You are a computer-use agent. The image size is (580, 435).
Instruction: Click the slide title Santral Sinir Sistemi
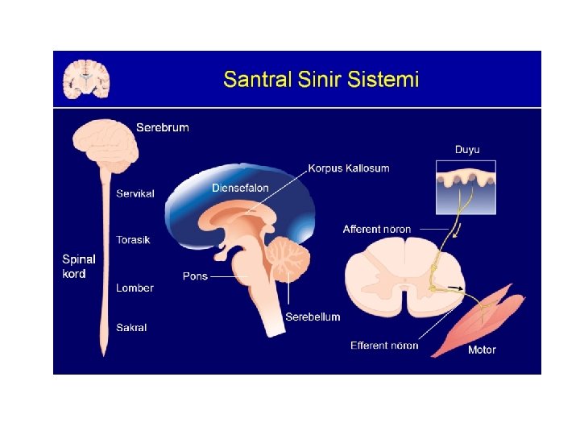tap(321, 80)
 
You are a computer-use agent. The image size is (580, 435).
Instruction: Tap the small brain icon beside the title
tap(87, 79)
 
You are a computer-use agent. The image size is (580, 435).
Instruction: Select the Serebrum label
tap(163, 127)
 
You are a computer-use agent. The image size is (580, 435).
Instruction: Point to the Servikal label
tap(135, 193)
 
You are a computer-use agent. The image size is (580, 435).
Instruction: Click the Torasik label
tap(133, 240)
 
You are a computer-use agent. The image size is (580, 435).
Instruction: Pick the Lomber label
tap(135, 288)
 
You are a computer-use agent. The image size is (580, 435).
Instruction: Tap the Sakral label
tap(131, 328)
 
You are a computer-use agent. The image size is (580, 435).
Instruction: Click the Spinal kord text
tap(79, 267)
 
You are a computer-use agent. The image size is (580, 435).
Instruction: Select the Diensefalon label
tap(240, 188)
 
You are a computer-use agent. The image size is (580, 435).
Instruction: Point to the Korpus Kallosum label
tap(348, 168)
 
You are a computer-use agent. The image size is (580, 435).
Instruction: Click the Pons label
tap(195, 276)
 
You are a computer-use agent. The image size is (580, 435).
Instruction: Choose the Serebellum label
tap(313, 317)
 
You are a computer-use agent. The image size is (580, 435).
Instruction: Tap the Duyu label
tap(467, 150)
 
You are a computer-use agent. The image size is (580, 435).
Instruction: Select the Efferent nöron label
tap(384, 346)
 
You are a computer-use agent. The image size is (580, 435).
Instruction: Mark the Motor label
tap(482, 350)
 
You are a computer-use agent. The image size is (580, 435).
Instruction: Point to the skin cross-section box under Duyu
tap(466, 187)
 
